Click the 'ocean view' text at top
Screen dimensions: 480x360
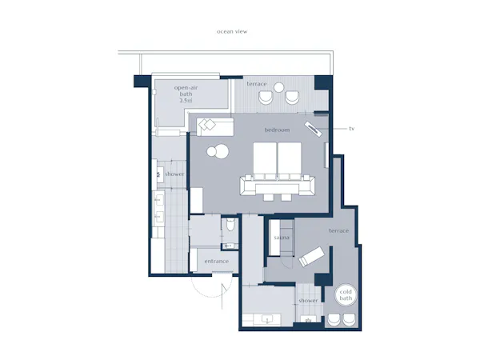tap(232, 31)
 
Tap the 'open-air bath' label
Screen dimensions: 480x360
tap(186, 90)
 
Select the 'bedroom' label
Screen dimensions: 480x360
tap(277, 130)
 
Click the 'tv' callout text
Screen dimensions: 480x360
tap(352, 129)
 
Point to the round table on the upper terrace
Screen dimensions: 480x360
tap(279, 87)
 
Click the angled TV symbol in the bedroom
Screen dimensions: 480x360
tap(313, 129)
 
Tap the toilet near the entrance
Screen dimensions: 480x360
tap(230, 224)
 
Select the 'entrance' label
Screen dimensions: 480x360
tap(217, 261)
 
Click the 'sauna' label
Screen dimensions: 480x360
tap(282, 238)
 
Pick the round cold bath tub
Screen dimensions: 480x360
tap(346, 295)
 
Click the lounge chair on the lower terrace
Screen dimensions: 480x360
tap(312, 257)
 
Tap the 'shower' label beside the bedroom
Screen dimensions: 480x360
tap(174, 174)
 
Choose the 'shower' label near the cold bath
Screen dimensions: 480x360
tap(308, 301)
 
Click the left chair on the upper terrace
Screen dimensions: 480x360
tap(266, 98)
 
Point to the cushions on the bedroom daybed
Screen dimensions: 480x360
tap(207, 125)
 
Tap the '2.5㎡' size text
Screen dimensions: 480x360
tap(186, 101)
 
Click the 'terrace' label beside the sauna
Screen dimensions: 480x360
tap(339, 230)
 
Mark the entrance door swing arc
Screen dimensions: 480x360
tap(199, 292)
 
